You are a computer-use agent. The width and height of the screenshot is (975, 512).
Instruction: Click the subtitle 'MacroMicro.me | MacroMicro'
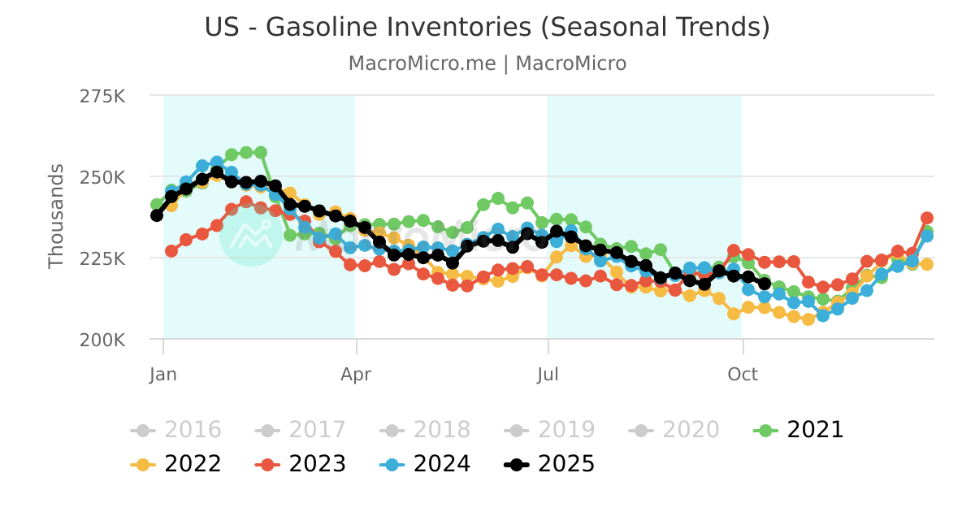point(487,63)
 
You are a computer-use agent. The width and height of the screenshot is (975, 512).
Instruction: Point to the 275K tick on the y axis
point(102,96)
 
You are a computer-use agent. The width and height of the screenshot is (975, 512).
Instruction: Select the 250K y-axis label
point(102,177)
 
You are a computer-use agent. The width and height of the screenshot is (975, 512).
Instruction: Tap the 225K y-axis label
point(102,258)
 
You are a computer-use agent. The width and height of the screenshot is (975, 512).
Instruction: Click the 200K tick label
point(102,340)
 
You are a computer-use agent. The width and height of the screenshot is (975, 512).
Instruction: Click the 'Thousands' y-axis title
point(56,216)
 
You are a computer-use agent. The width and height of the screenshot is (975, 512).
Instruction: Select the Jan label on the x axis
point(163,375)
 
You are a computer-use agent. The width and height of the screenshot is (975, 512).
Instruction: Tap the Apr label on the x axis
point(356,375)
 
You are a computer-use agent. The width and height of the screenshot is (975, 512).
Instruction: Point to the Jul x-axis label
point(548,375)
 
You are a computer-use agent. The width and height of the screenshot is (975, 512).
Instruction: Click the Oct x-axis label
point(742,375)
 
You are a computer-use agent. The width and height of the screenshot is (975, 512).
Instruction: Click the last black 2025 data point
point(764,284)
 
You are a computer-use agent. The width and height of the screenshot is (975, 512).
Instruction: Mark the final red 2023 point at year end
point(926,218)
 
